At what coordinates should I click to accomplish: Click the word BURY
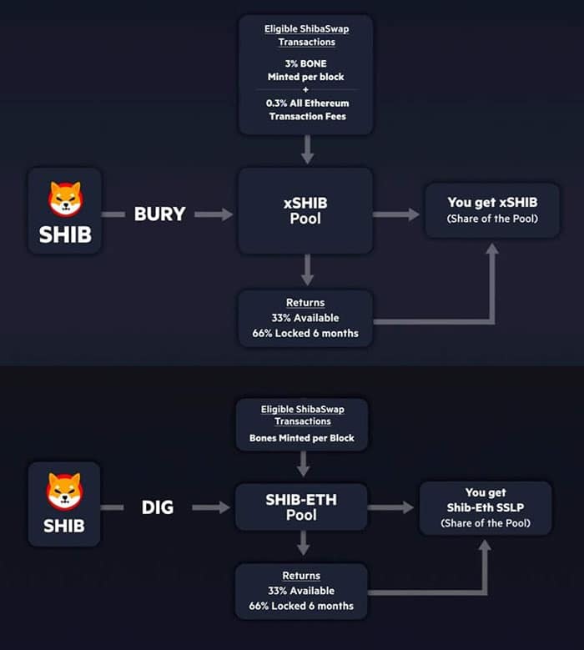[x=160, y=214]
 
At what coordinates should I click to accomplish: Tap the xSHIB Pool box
[x=305, y=211]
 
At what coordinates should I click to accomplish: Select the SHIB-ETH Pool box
[x=302, y=506]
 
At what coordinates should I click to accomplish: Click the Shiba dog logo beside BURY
[x=65, y=197]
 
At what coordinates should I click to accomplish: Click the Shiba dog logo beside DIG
[x=64, y=491]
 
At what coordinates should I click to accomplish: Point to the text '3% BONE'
[x=305, y=63]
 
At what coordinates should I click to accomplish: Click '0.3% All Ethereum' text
[x=306, y=103]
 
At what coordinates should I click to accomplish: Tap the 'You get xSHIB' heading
[x=491, y=202]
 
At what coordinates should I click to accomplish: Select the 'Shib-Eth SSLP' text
[x=485, y=507]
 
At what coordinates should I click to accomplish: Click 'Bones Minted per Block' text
[x=301, y=438]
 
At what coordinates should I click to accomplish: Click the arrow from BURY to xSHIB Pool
[x=214, y=214]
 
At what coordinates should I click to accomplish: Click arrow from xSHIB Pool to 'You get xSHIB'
[x=396, y=214]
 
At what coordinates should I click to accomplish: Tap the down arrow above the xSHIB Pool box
[x=307, y=149]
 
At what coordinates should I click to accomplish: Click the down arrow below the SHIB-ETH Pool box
[x=303, y=544]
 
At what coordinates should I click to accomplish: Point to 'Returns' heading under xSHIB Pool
[x=305, y=303]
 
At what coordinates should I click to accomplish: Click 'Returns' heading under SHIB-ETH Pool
[x=301, y=576]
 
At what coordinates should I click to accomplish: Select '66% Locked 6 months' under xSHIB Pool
[x=305, y=333]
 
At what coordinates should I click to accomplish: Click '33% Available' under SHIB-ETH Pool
[x=301, y=591]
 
